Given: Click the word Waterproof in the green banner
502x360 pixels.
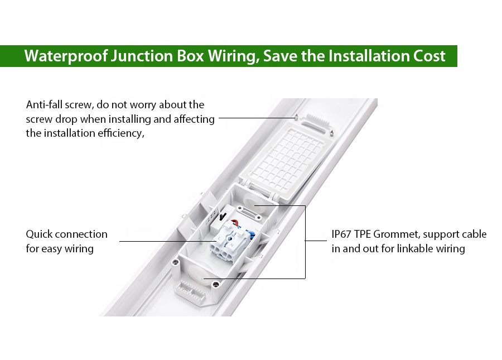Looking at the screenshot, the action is click(66, 56).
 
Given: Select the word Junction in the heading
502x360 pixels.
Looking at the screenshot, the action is click(142, 56).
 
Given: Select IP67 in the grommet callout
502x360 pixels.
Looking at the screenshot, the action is click(341, 234).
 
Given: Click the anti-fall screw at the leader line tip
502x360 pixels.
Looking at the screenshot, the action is click(297, 117).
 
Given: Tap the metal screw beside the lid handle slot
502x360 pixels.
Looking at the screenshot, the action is click(332, 132).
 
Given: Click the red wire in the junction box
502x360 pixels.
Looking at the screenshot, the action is click(235, 223).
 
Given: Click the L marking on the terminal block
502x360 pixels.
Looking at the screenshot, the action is click(219, 239).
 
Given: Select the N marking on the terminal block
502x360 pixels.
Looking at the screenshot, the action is click(232, 245).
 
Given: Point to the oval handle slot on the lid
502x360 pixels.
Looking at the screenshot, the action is click(315, 126).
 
